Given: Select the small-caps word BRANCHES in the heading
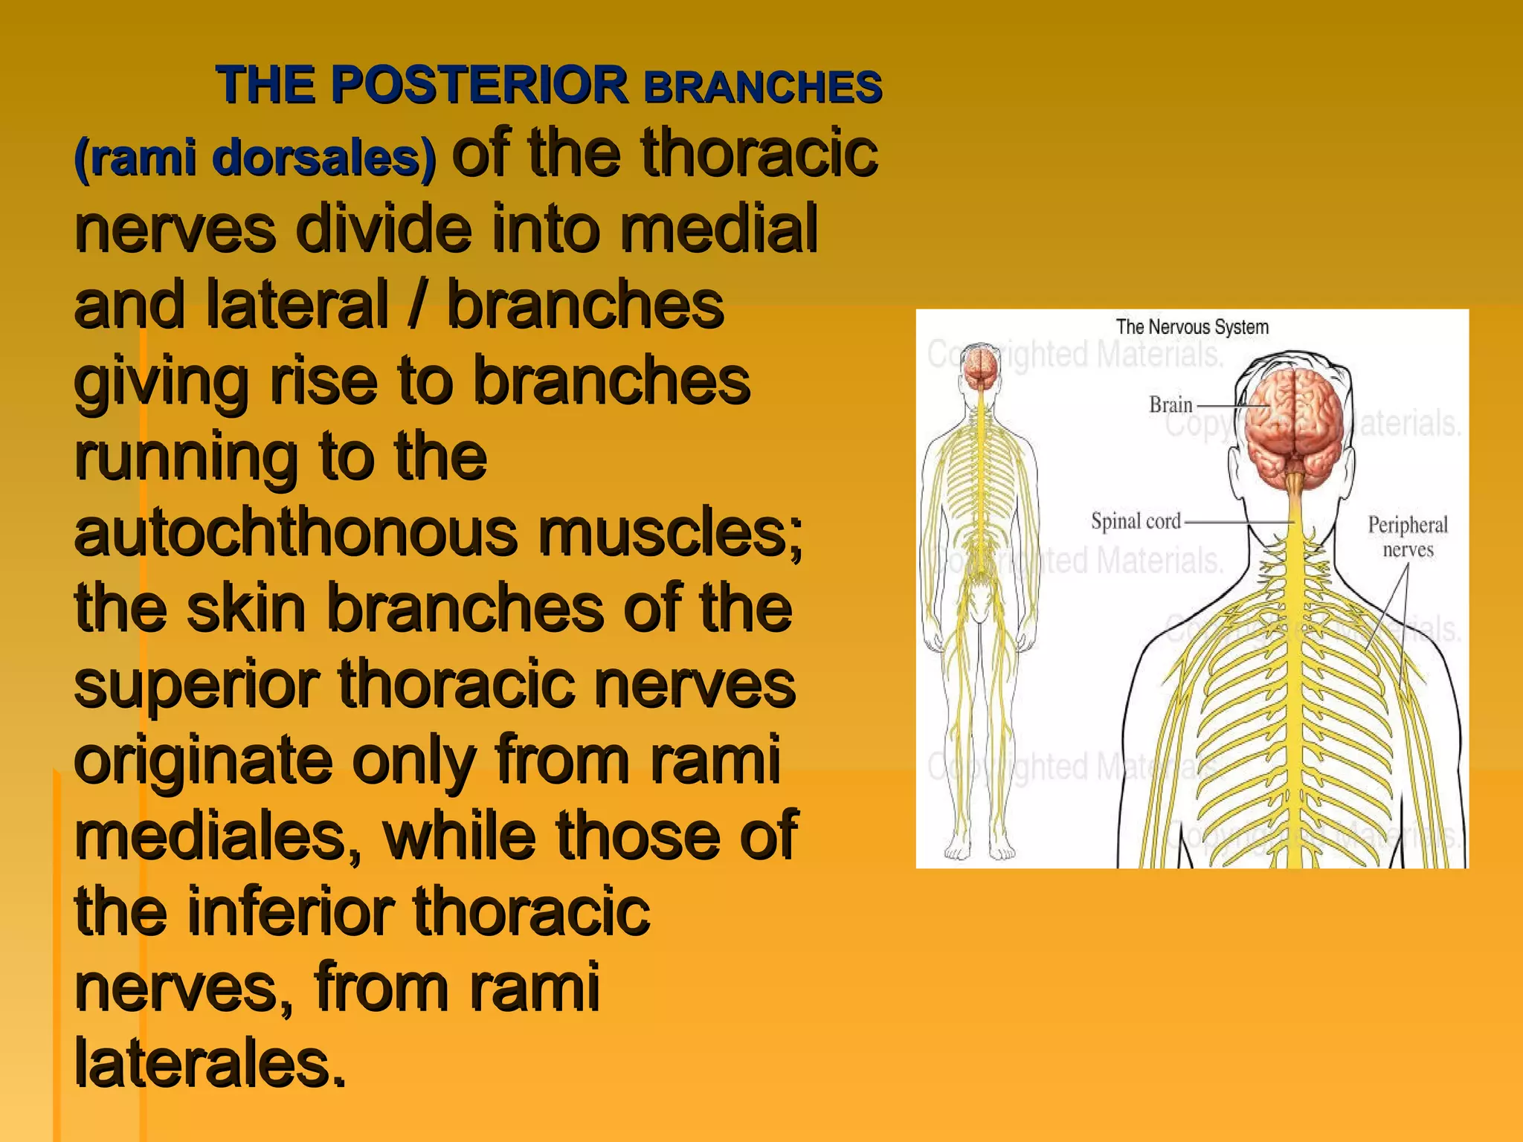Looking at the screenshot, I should coord(763,87).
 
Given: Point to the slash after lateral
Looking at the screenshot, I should coord(417,304).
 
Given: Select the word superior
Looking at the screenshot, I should coord(197,685).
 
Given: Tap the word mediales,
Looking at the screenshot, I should coord(218,836).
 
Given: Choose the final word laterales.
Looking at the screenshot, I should coord(210,1063).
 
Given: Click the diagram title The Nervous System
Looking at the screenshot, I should coord(1192,326).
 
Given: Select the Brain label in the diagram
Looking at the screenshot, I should coord(1170,404).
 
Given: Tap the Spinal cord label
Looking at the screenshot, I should coord(1136,520).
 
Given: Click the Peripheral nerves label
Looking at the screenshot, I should coord(1407,537).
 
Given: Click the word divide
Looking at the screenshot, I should coord(384,229).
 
